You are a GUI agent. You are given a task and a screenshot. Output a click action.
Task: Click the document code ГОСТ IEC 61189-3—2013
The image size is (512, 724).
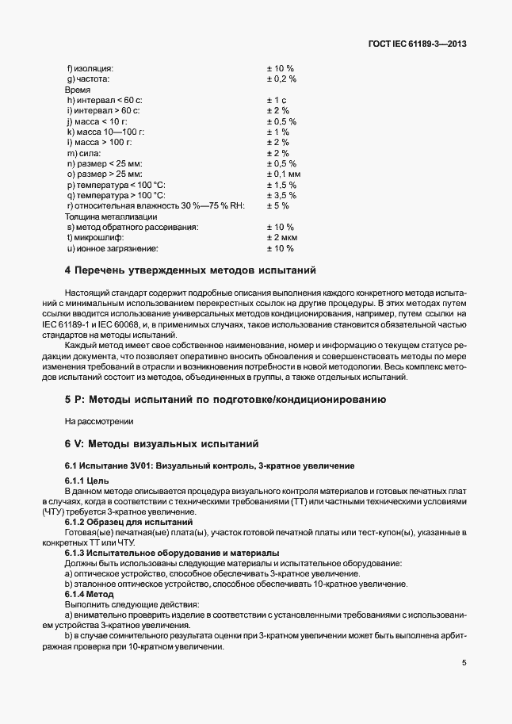pyautogui.click(x=417, y=44)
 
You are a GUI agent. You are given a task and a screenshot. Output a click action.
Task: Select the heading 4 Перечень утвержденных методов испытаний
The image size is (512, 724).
pyautogui.click(x=190, y=270)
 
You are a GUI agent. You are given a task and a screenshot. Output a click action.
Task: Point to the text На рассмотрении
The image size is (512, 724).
pyautogui.click(x=100, y=420)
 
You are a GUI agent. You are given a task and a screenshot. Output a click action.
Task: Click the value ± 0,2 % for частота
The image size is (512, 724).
pyautogui.click(x=281, y=79)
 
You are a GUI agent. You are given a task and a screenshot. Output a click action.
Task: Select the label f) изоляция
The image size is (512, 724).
pyautogui.click(x=90, y=68)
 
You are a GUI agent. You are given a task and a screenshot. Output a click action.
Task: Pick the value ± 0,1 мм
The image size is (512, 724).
pyautogui.click(x=284, y=174)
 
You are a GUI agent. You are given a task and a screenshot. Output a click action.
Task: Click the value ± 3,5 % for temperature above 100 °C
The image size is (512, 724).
pyautogui.click(x=281, y=195)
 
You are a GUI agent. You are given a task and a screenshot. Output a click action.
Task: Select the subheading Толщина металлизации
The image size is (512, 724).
pyautogui.click(x=105, y=216)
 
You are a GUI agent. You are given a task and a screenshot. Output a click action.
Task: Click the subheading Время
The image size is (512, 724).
pyautogui.click(x=78, y=90)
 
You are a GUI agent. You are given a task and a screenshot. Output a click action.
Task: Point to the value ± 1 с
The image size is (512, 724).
pyautogui.click(x=277, y=100)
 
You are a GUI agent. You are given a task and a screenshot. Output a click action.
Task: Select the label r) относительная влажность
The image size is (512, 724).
pyautogui.click(x=156, y=206)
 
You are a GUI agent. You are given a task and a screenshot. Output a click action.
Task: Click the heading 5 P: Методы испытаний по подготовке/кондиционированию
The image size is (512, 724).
pyautogui.click(x=225, y=399)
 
